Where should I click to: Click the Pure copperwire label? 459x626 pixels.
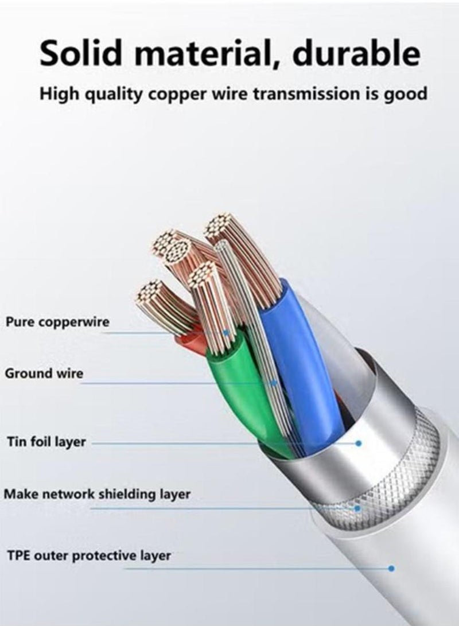coord(57,322)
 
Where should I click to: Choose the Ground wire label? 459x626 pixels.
coord(44,374)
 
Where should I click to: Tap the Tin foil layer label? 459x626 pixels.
coord(46,442)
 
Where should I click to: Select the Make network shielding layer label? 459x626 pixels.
coord(97,494)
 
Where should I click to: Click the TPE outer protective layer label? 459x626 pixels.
coord(89,556)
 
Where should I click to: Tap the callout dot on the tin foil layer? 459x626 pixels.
coord(359,443)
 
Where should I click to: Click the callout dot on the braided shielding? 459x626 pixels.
coord(357,508)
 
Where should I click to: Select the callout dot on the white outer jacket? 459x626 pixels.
coord(391,568)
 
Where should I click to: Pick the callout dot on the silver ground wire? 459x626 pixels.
coord(274,383)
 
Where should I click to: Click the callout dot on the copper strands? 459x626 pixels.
coord(227,332)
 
